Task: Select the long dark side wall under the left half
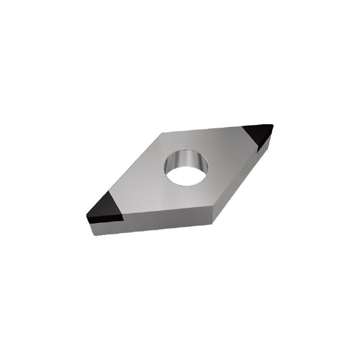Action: tap(155, 225)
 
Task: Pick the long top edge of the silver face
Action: tap(203, 130)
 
